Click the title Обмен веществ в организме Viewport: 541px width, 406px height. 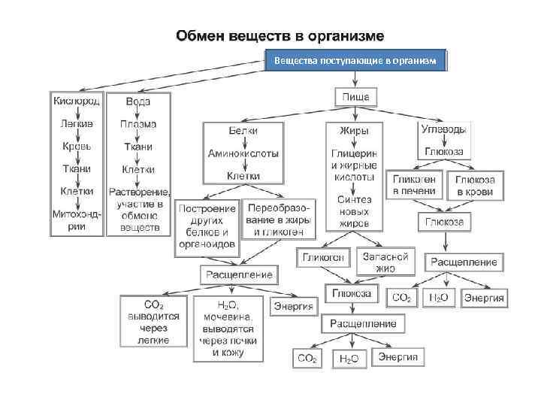tap(280, 35)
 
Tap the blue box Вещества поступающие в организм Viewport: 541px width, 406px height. tap(355, 59)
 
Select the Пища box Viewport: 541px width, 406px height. tap(355, 97)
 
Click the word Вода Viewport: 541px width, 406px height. tap(138, 101)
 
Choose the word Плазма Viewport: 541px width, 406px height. tap(138, 123)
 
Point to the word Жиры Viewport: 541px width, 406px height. tap(354, 131)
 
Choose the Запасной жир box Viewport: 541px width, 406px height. tap(385, 262)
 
